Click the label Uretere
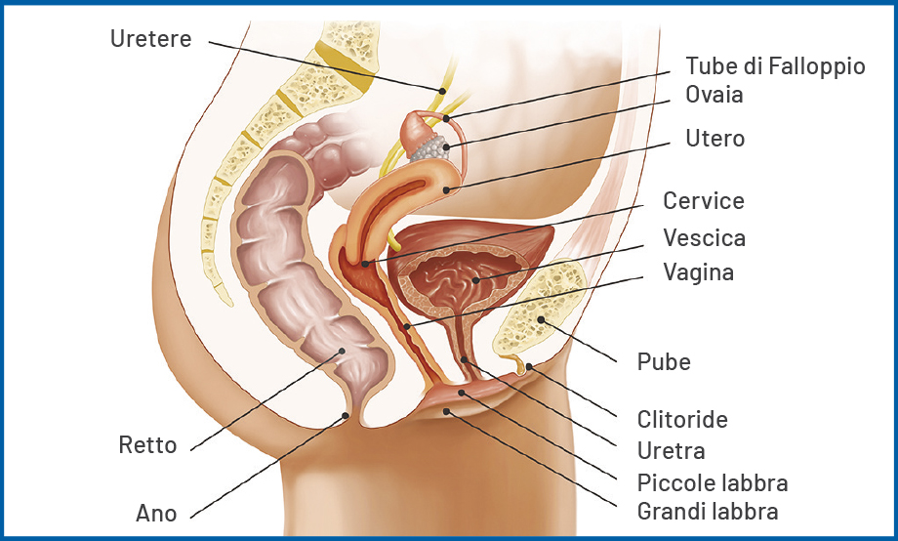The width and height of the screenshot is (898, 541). pyautogui.click(x=150, y=39)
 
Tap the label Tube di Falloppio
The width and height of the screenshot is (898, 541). pyautogui.click(x=775, y=65)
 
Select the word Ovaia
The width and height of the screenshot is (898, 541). pyautogui.click(x=714, y=95)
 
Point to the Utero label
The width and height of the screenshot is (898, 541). pyautogui.click(x=715, y=138)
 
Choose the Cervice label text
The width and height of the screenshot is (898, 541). pyautogui.click(x=704, y=201)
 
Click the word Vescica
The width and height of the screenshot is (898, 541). pyautogui.click(x=705, y=238)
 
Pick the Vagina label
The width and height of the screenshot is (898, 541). pyautogui.click(x=699, y=272)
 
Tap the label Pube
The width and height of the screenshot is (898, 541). pyautogui.click(x=664, y=362)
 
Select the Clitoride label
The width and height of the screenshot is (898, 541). pyautogui.click(x=682, y=420)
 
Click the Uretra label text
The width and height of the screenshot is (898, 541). pyautogui.click(x=672, y=451)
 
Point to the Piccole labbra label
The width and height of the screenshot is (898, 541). pyautogui.click(x=713, y=483)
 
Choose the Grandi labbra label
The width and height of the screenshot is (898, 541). pyautogui.click(x=708, y=511)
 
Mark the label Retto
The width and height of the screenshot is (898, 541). pyautogui.click(x=147, y=445)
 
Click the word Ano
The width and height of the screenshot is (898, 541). pyautogui.click(x=156, y=514)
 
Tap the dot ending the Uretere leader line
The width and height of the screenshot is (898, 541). pyautogui.click(x=442, y=91)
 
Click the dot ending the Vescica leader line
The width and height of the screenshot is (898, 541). pyautogui.click(x=475, y=280)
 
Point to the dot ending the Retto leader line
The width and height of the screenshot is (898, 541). pyautogui.click(x=342, y=351)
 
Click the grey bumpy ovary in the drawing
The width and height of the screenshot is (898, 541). pyautogui.click(x=429, y=147)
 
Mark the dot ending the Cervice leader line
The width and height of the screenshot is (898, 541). pyautogui.click(x=365, y=264)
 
